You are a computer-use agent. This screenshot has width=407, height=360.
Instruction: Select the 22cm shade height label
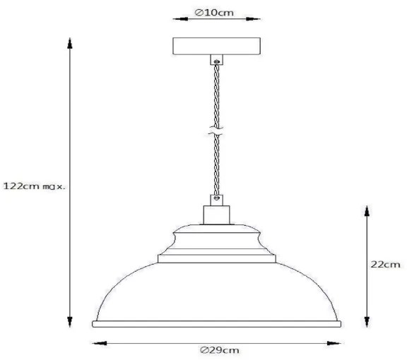point(386,265)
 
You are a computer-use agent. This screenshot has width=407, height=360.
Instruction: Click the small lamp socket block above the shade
point(217,215)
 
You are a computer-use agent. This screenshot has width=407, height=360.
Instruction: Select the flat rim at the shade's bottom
point(217,323)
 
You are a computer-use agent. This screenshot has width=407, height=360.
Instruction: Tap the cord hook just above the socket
point(217,198)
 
